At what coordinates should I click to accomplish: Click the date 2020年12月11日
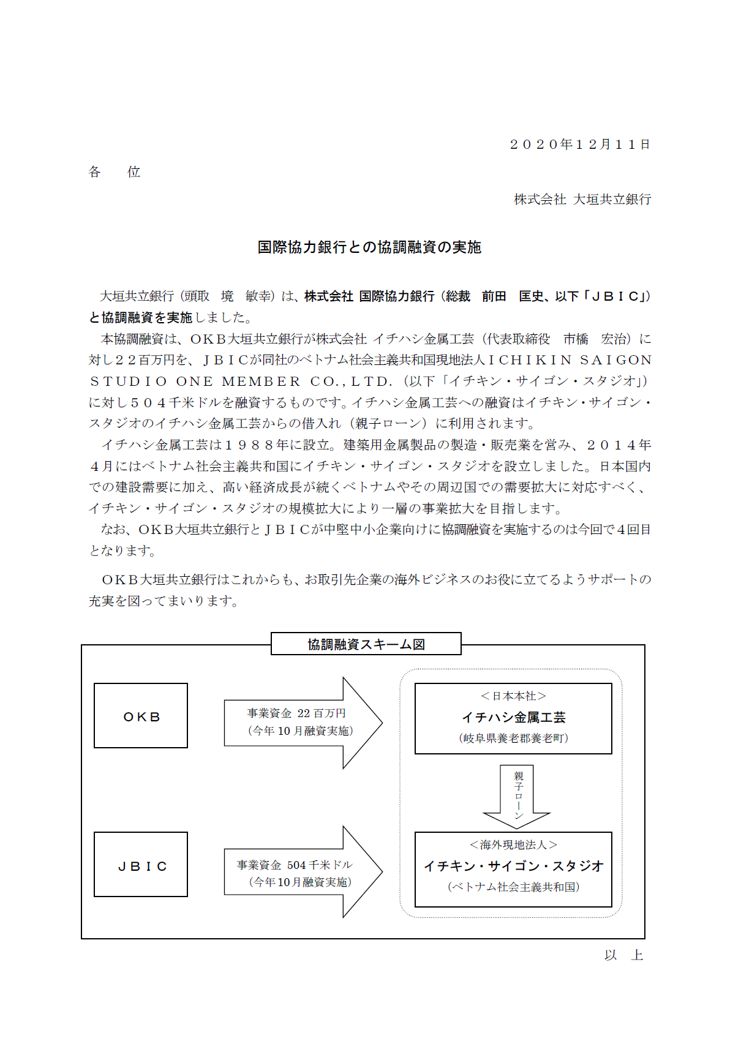click(579, 145)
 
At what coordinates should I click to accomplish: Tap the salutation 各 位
click(114, 172)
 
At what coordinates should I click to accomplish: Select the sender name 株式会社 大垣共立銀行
click(582, 200)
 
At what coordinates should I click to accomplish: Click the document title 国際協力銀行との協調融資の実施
click(369, 247)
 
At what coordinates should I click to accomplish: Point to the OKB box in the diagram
click(141, 716)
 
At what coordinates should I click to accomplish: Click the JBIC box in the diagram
click(141, 865)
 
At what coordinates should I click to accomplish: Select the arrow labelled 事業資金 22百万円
click(300, 723)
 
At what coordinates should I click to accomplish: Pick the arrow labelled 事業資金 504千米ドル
click(300, 873)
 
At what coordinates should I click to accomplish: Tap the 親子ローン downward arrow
click(517, 795)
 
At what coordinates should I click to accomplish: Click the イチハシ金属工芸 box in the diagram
click(513, 718)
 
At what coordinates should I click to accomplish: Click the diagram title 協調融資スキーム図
click(366, 644)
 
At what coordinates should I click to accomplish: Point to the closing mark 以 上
click(623, 955)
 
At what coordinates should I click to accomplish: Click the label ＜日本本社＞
click(513, 696)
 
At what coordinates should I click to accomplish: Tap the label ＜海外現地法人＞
click(513, 845)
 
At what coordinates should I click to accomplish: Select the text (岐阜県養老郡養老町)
click(513, 739)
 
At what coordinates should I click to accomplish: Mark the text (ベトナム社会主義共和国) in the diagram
click(513, 887)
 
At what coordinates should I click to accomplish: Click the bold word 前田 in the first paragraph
click(494, 296)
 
